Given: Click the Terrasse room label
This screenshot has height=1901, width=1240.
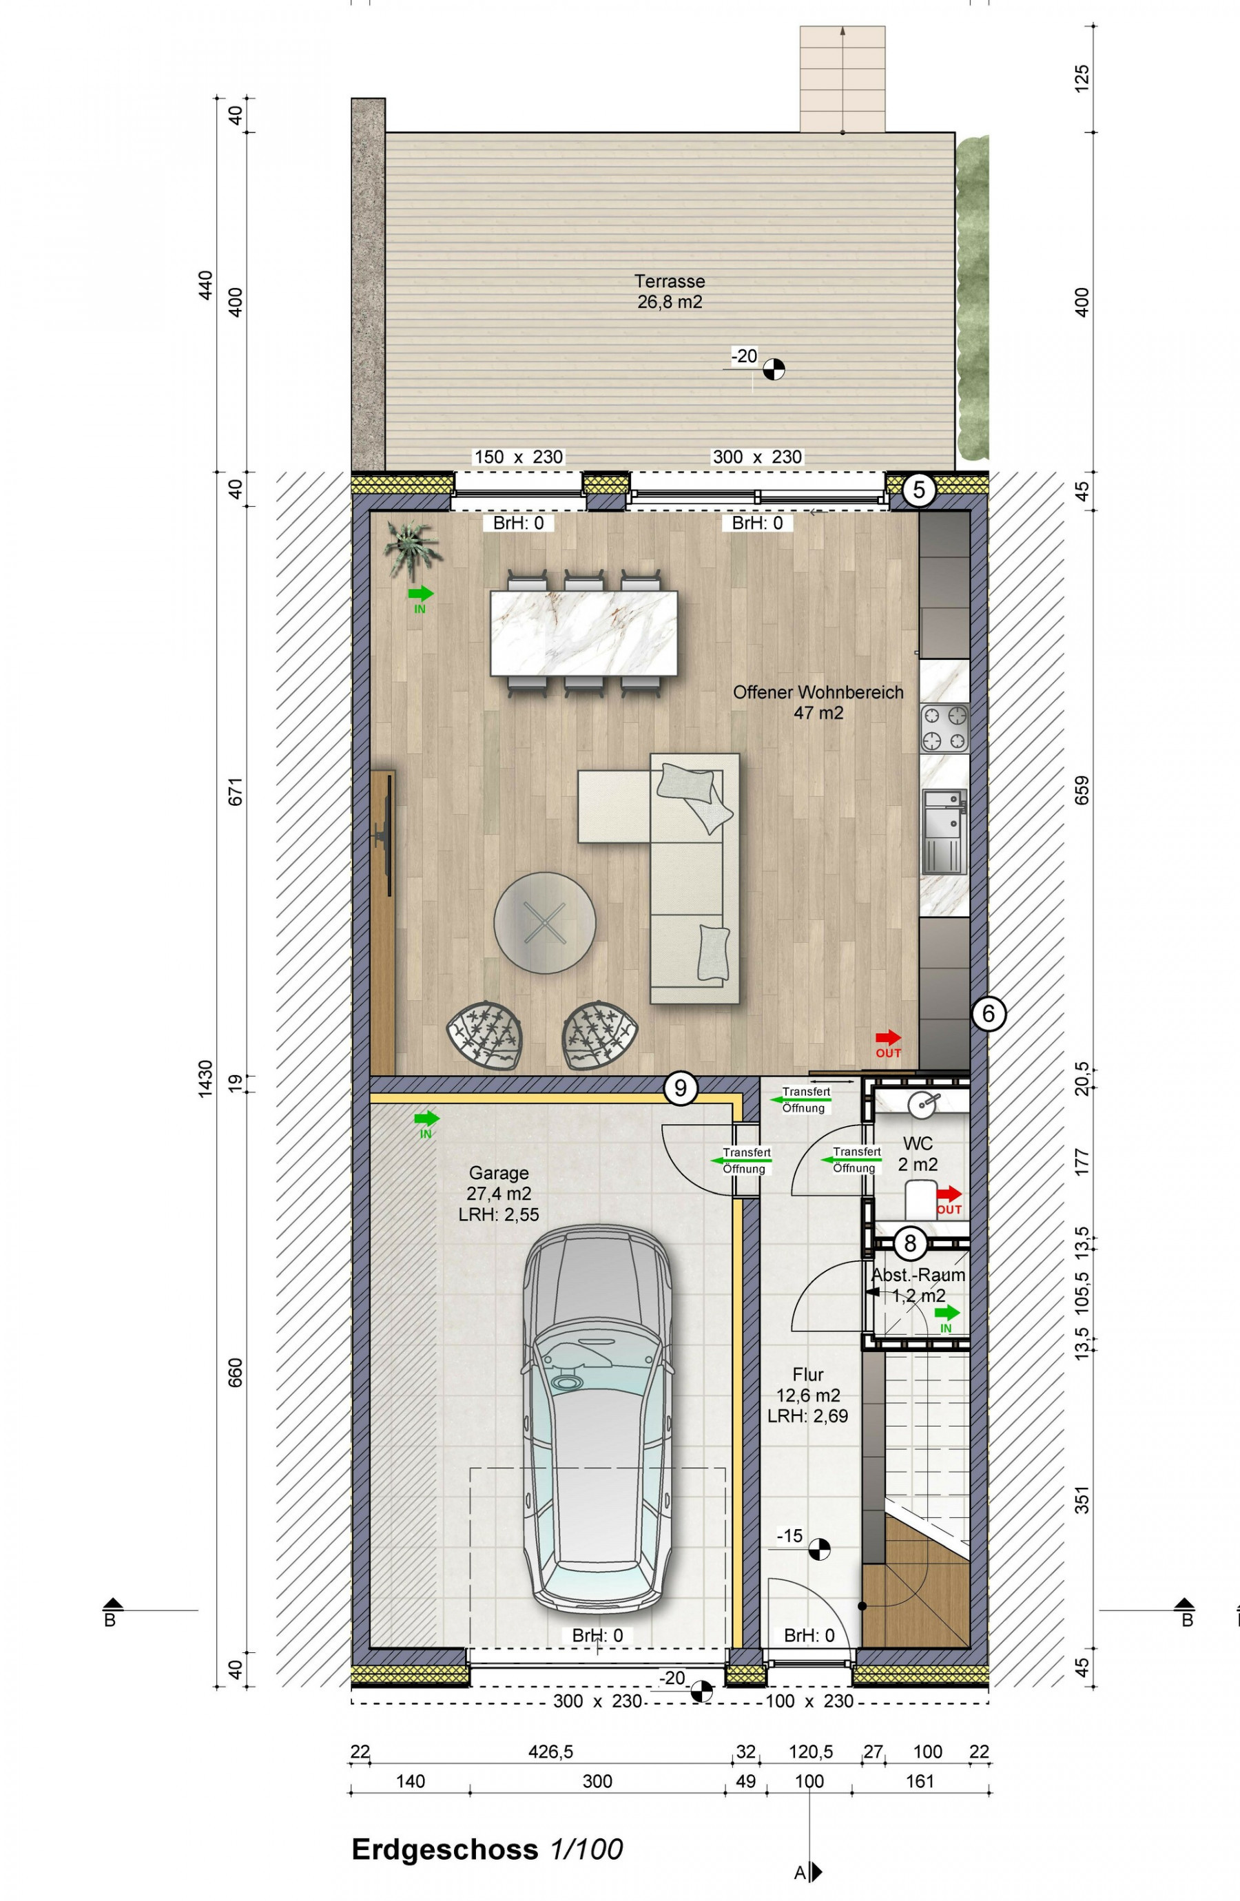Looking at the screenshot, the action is point(670,281).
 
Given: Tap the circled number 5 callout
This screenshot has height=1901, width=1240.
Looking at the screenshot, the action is point(919,490).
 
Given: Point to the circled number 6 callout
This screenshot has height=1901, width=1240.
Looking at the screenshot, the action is point(989,1014).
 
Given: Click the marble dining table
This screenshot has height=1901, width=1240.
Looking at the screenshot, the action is point(584,632).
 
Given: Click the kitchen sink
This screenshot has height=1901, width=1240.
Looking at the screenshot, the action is point(945,831).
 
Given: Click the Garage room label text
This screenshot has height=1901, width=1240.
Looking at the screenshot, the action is point(499,1174).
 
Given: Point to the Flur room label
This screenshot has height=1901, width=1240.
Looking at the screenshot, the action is point(808,1375).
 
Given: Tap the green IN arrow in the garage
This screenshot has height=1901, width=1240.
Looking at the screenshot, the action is point(426,1119).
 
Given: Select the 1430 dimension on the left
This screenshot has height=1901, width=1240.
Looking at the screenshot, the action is point(205,1079).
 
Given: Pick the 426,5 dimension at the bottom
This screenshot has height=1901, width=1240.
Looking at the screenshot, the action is point(550,1752).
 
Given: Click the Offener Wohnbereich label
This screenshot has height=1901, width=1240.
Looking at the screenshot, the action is point(818,692).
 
